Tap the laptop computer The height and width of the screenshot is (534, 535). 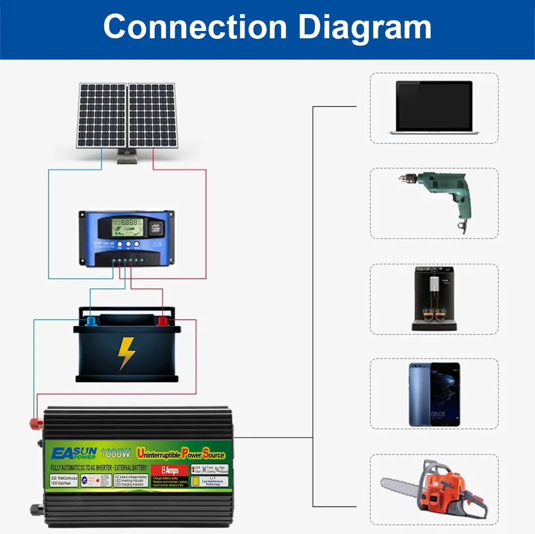click(x=434, y=108)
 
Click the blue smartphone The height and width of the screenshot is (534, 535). click(x=434, y=394)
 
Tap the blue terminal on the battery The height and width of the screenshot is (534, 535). click(x=90, y=321)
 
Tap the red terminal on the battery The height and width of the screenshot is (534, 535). click(x=163, y=322)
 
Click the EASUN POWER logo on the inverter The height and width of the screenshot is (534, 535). click(x=74, y=453)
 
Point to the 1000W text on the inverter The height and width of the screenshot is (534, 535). click(x=115, y=452)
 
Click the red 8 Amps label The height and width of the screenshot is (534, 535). click(x=170, y=470)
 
